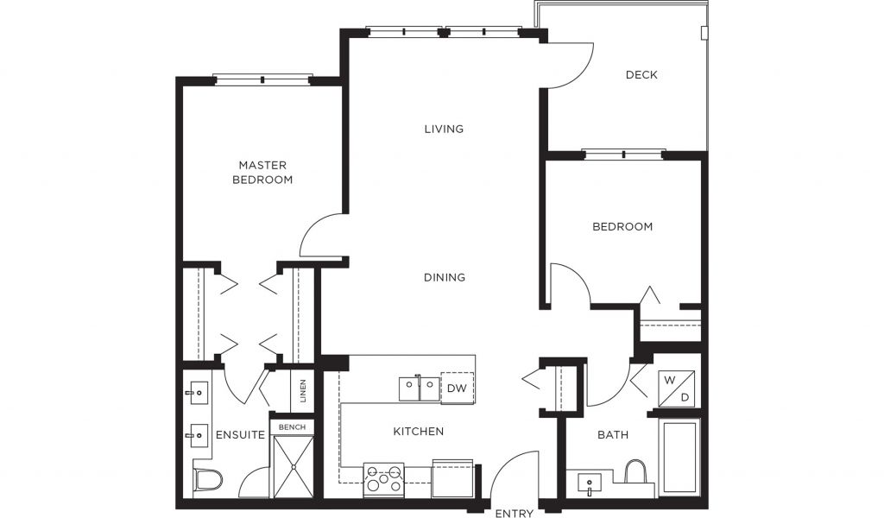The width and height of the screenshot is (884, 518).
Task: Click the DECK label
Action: coord(641,74)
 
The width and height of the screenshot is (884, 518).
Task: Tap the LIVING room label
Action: coord(444,129)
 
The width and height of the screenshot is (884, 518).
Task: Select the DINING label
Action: coord(445,277)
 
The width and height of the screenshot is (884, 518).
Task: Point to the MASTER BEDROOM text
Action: coord(262,173)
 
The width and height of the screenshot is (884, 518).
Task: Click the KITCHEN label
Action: coord(419,431)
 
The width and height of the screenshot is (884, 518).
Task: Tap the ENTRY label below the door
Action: coord(515,513)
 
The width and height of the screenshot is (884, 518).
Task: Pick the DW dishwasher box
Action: coord(458,388)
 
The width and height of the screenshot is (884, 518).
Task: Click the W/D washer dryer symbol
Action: coord(677,388)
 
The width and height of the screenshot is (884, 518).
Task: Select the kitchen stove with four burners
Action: coord(383,480)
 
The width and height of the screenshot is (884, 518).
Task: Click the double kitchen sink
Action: coord(419,388)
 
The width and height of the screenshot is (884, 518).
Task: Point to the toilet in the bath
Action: coord(635,471)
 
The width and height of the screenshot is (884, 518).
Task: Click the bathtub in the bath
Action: coord(681,457)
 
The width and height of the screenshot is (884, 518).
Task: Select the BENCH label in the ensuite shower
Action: coord(292,427)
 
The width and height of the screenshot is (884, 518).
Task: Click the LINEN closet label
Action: coord(303,390)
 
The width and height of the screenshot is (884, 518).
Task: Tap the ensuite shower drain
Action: coord(294,466)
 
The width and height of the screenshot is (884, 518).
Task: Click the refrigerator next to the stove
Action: coord(452,478)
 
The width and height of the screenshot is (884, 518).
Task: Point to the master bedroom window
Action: coord(262,79)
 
